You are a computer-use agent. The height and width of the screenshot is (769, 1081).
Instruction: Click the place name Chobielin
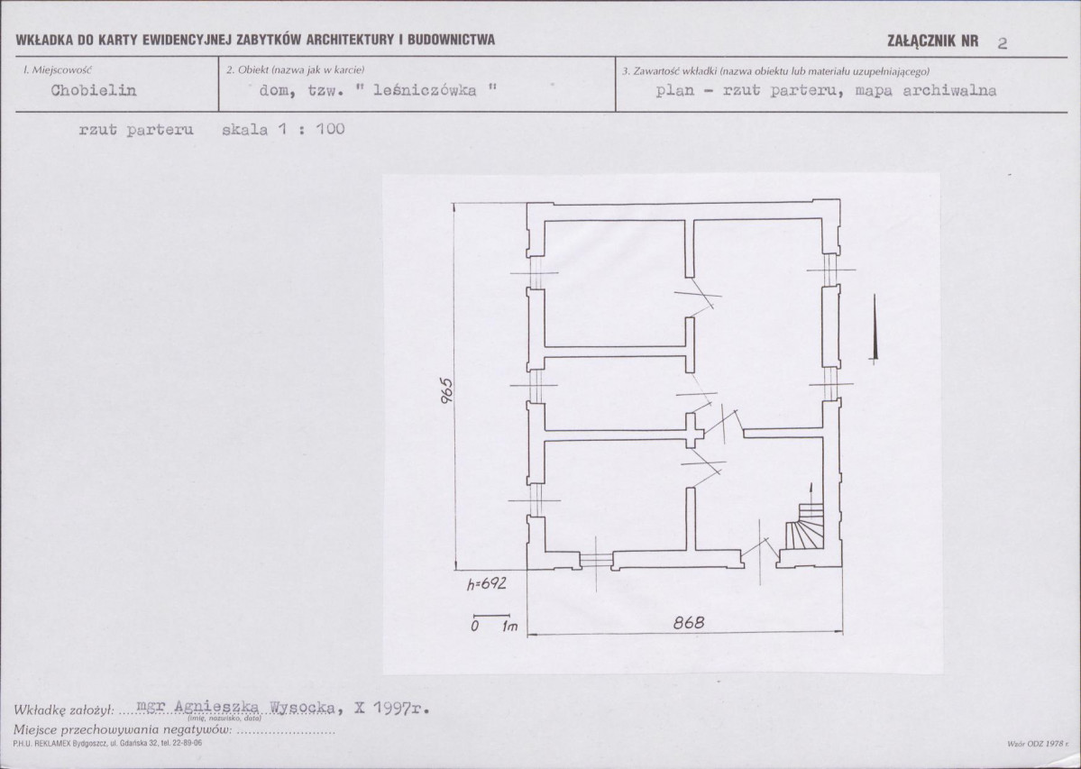94,90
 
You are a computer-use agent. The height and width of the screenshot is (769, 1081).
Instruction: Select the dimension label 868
689,622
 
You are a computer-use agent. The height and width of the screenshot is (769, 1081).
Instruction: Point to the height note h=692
487,583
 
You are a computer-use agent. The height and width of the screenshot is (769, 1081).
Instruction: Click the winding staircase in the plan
805,526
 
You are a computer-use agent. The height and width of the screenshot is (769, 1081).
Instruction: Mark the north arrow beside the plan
875,328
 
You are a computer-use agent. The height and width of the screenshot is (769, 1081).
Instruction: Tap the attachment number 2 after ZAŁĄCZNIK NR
1003,42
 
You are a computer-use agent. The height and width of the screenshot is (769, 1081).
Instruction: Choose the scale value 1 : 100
311,129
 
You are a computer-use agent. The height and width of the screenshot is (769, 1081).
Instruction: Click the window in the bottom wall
596,559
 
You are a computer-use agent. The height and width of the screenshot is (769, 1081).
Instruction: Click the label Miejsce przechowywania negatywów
123,729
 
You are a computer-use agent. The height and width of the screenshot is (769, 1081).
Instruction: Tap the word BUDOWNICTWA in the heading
451,40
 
